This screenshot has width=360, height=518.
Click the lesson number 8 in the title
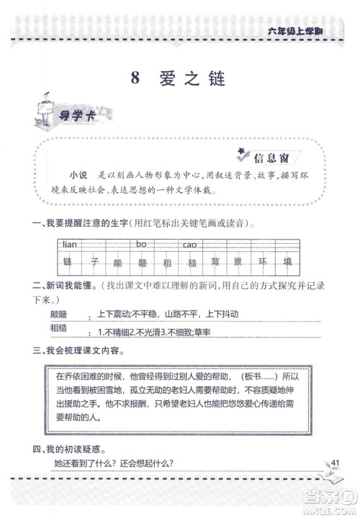(x=135, y=80)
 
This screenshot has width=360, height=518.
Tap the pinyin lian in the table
(x=71, y=245)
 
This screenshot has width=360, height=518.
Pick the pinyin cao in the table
(x=190, y=245)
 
